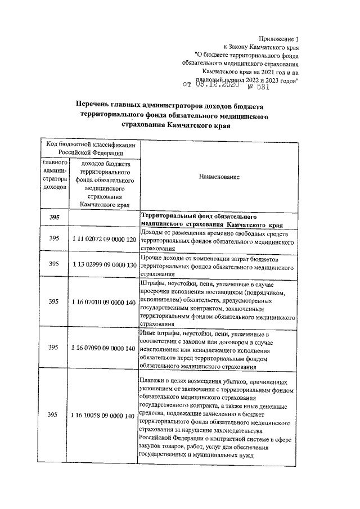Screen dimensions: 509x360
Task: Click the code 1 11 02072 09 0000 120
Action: coord(104,239)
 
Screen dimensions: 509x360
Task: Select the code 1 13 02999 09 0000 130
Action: coord(104,264)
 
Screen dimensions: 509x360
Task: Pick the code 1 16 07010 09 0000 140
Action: coord(104,301)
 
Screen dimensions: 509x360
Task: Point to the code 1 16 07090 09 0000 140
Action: coord(104,348)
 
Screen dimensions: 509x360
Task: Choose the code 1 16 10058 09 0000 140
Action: coord(104,415)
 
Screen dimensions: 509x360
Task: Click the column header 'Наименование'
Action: coord(219,177)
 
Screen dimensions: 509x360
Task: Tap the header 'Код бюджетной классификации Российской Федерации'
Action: coord(90,148)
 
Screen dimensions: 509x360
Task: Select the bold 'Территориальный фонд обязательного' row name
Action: coord(200,215)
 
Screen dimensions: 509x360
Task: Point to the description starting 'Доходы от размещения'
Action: coord(217,239)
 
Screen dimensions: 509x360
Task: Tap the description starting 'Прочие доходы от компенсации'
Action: coord(217,264)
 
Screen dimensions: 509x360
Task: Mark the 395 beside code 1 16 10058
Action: coord(54,415)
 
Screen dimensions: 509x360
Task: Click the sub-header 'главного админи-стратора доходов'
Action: coord(54,174)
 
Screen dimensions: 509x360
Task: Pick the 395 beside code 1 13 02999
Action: coord(54,264)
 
